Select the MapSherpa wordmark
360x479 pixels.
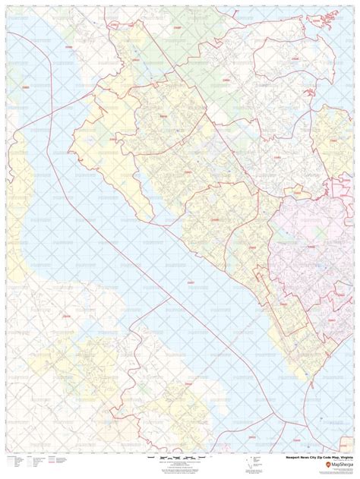click(x=335, y=465)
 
